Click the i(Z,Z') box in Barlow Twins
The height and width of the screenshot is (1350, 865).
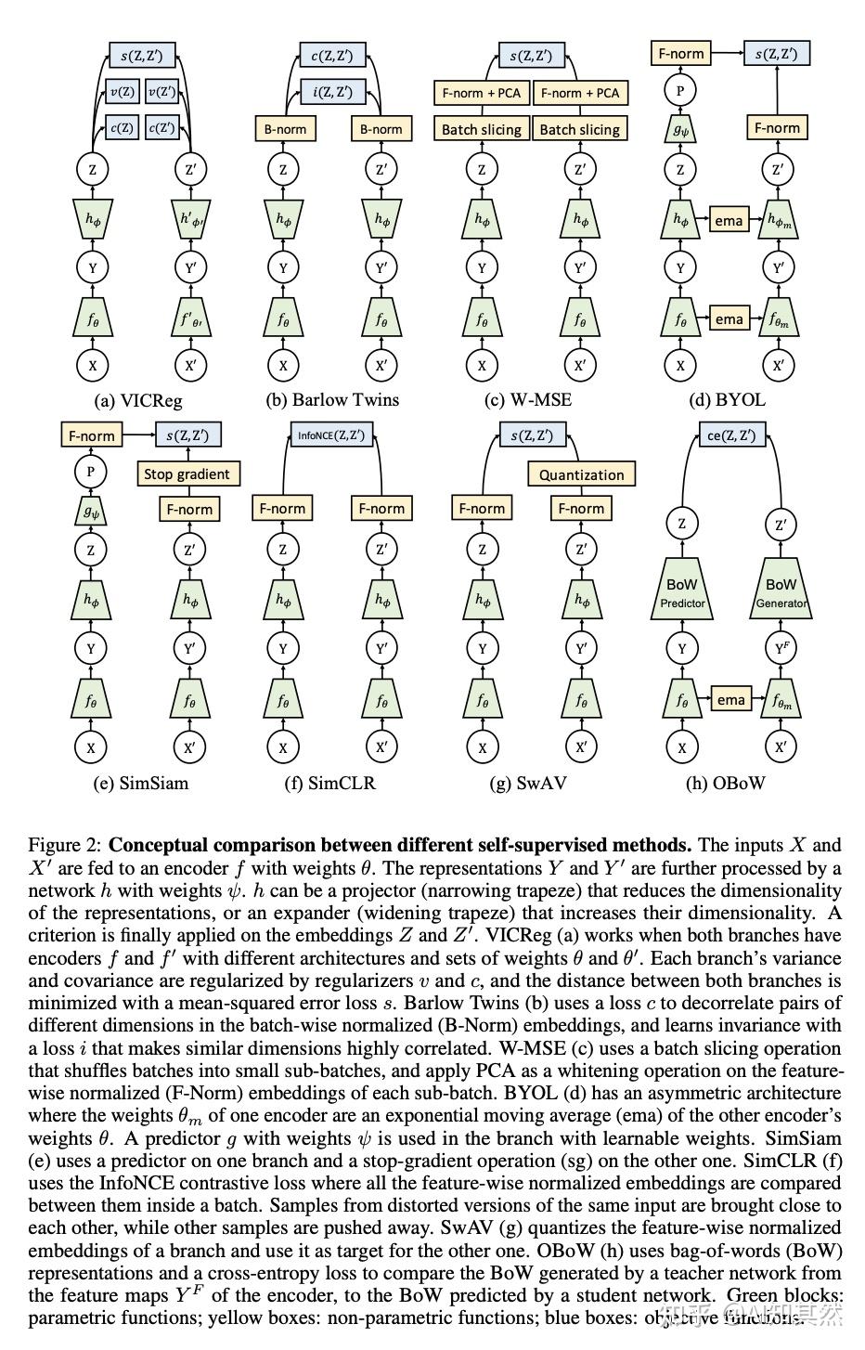coord(332,92)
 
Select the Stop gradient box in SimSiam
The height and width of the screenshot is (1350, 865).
coord(187,474)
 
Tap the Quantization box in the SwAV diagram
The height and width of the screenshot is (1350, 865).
coord(582,474)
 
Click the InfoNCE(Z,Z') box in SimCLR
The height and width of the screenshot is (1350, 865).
coord(331,435)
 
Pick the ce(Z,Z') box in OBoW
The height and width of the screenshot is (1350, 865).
coord(731,435)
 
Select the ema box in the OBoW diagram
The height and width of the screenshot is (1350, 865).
coord(731,700)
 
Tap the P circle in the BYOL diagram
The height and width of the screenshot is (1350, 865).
coord(680,90)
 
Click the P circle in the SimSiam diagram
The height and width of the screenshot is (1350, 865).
coord(91,471)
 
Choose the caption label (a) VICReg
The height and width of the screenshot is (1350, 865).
coord(138,401)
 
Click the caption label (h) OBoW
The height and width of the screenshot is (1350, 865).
coord(725,783)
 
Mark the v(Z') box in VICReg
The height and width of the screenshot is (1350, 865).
coord(162,92)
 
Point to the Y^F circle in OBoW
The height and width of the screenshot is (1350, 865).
coord(781,649)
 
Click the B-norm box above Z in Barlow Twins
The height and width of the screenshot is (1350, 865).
coord(284,129)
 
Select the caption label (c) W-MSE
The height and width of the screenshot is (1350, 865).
coord(528,400)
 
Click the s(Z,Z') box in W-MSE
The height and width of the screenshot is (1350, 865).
coord(531,55)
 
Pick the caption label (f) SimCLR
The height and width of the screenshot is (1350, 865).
coord(330,783)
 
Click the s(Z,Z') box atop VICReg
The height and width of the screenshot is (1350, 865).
coord(142,55)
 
